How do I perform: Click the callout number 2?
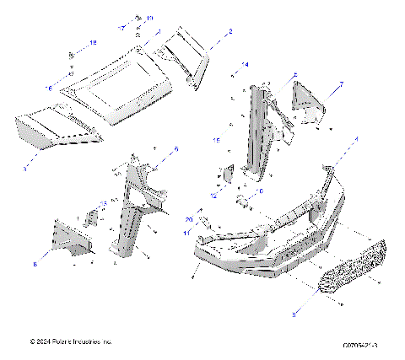coord(230,30)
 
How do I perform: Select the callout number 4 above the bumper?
coord(356,138)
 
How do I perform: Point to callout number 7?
coord(341,84)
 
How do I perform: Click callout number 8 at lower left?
coord(35,264)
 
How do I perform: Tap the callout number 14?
coord(246,65)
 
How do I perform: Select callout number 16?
coord(48,88)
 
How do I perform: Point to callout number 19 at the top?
coord(149,18)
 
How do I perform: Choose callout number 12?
coord(214,195)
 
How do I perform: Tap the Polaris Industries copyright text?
coord(70,342)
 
